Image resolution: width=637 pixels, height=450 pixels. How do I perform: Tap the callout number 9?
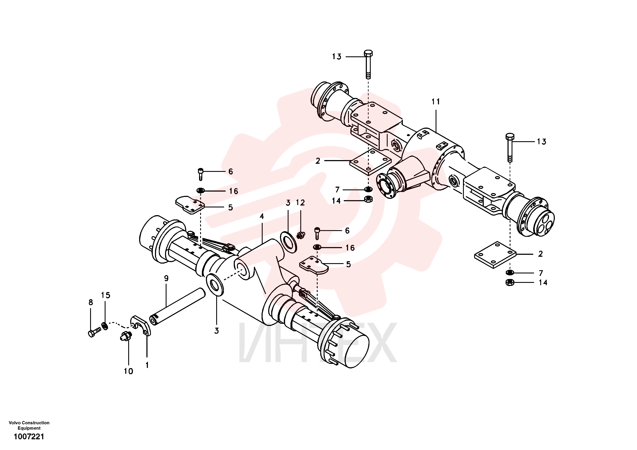pos(166,278)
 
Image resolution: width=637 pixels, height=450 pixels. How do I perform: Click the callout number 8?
pos(91,302)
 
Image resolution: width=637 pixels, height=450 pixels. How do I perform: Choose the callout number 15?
pos(106,295)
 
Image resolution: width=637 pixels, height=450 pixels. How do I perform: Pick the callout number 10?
pos(128,371)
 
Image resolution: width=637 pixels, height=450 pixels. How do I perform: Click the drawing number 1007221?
pos(29,437)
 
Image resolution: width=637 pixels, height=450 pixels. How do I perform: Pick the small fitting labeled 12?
pos(301,235)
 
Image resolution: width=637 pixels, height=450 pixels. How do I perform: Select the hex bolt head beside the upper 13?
pos(368,53)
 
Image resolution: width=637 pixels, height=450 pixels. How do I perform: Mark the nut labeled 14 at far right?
pos(510,283)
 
